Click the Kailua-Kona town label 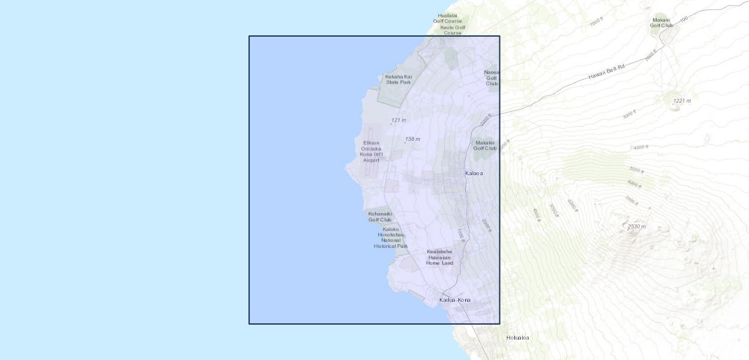coord(455,300)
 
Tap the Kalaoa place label coord(474,173)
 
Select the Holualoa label coord(517,338)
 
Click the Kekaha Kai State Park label coord(399,79)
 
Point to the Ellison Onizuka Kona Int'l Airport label coord(371,152)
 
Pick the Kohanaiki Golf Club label coord(380,217)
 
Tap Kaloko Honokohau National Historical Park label coord(391,238)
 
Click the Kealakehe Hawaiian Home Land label coord(439,257)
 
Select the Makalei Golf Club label coord(486,145)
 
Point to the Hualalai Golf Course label coord(448,18)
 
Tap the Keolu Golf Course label coord(453,30)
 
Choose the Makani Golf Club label coord(661,22)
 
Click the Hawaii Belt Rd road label coord(606,72)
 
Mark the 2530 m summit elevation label coord(637,226)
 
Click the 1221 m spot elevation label coord(682,101)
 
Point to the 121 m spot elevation coord(399,121)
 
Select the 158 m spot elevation coord(412,139)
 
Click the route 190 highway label coord(683,20)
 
